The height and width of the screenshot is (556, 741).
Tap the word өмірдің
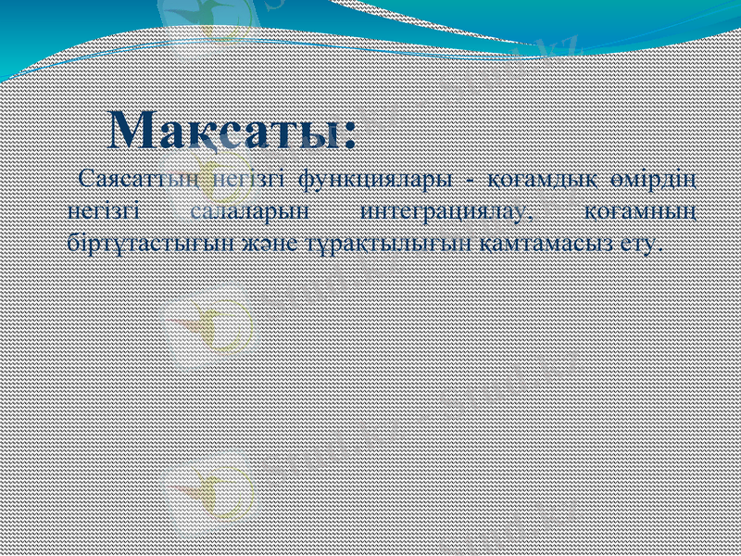660,178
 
